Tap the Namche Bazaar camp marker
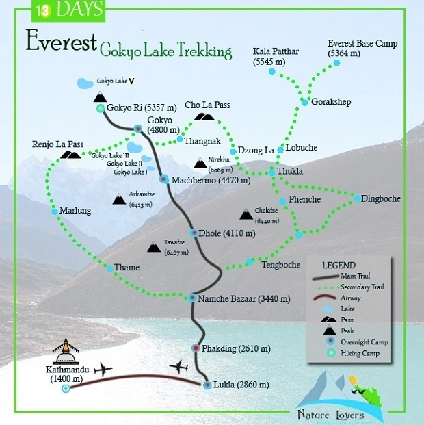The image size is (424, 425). point(193,298)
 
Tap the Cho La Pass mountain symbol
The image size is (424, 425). point(204,117)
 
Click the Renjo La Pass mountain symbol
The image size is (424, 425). point(70,155)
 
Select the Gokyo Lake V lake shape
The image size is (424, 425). point(85,83)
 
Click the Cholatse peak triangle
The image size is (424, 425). point(246,215)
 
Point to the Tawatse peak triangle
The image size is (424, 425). point(154,247)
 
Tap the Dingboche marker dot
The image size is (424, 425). point(357,198)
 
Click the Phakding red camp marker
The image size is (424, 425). point(197,348)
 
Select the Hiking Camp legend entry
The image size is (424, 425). point(354,352)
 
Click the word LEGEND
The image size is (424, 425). point(339,265)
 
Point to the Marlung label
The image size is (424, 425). point(75,211)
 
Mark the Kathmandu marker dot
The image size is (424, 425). point(66,389)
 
